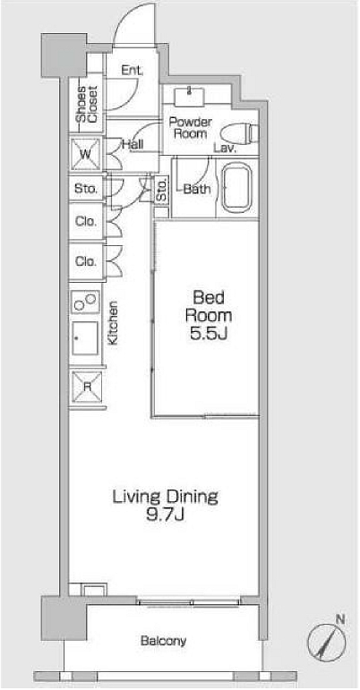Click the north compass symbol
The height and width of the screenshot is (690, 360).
pos(326,637)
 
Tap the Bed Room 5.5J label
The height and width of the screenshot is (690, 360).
pos(209,316)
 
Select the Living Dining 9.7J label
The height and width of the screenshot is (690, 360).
pos(165,506)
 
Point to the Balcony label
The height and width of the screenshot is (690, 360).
pos(163,641)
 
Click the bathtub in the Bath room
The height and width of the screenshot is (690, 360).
pos(236,187)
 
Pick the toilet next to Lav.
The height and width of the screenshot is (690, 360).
pos(238,132)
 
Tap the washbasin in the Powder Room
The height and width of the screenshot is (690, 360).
pos(189,97)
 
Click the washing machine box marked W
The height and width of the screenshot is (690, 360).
pos(86,154)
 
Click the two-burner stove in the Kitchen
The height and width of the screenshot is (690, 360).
pos(86,302)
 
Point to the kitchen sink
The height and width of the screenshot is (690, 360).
pos(85,338)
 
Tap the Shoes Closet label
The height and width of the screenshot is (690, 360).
pos(88,104)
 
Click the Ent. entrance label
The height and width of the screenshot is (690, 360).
pos(133,71)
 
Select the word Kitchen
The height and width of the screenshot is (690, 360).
pos(113,322)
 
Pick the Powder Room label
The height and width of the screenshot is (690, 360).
pos(190,128)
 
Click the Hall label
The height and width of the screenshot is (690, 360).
pos(132,144)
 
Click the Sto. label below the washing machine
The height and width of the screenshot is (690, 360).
pos(86,189)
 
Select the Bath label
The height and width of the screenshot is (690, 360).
pos(197,189)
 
